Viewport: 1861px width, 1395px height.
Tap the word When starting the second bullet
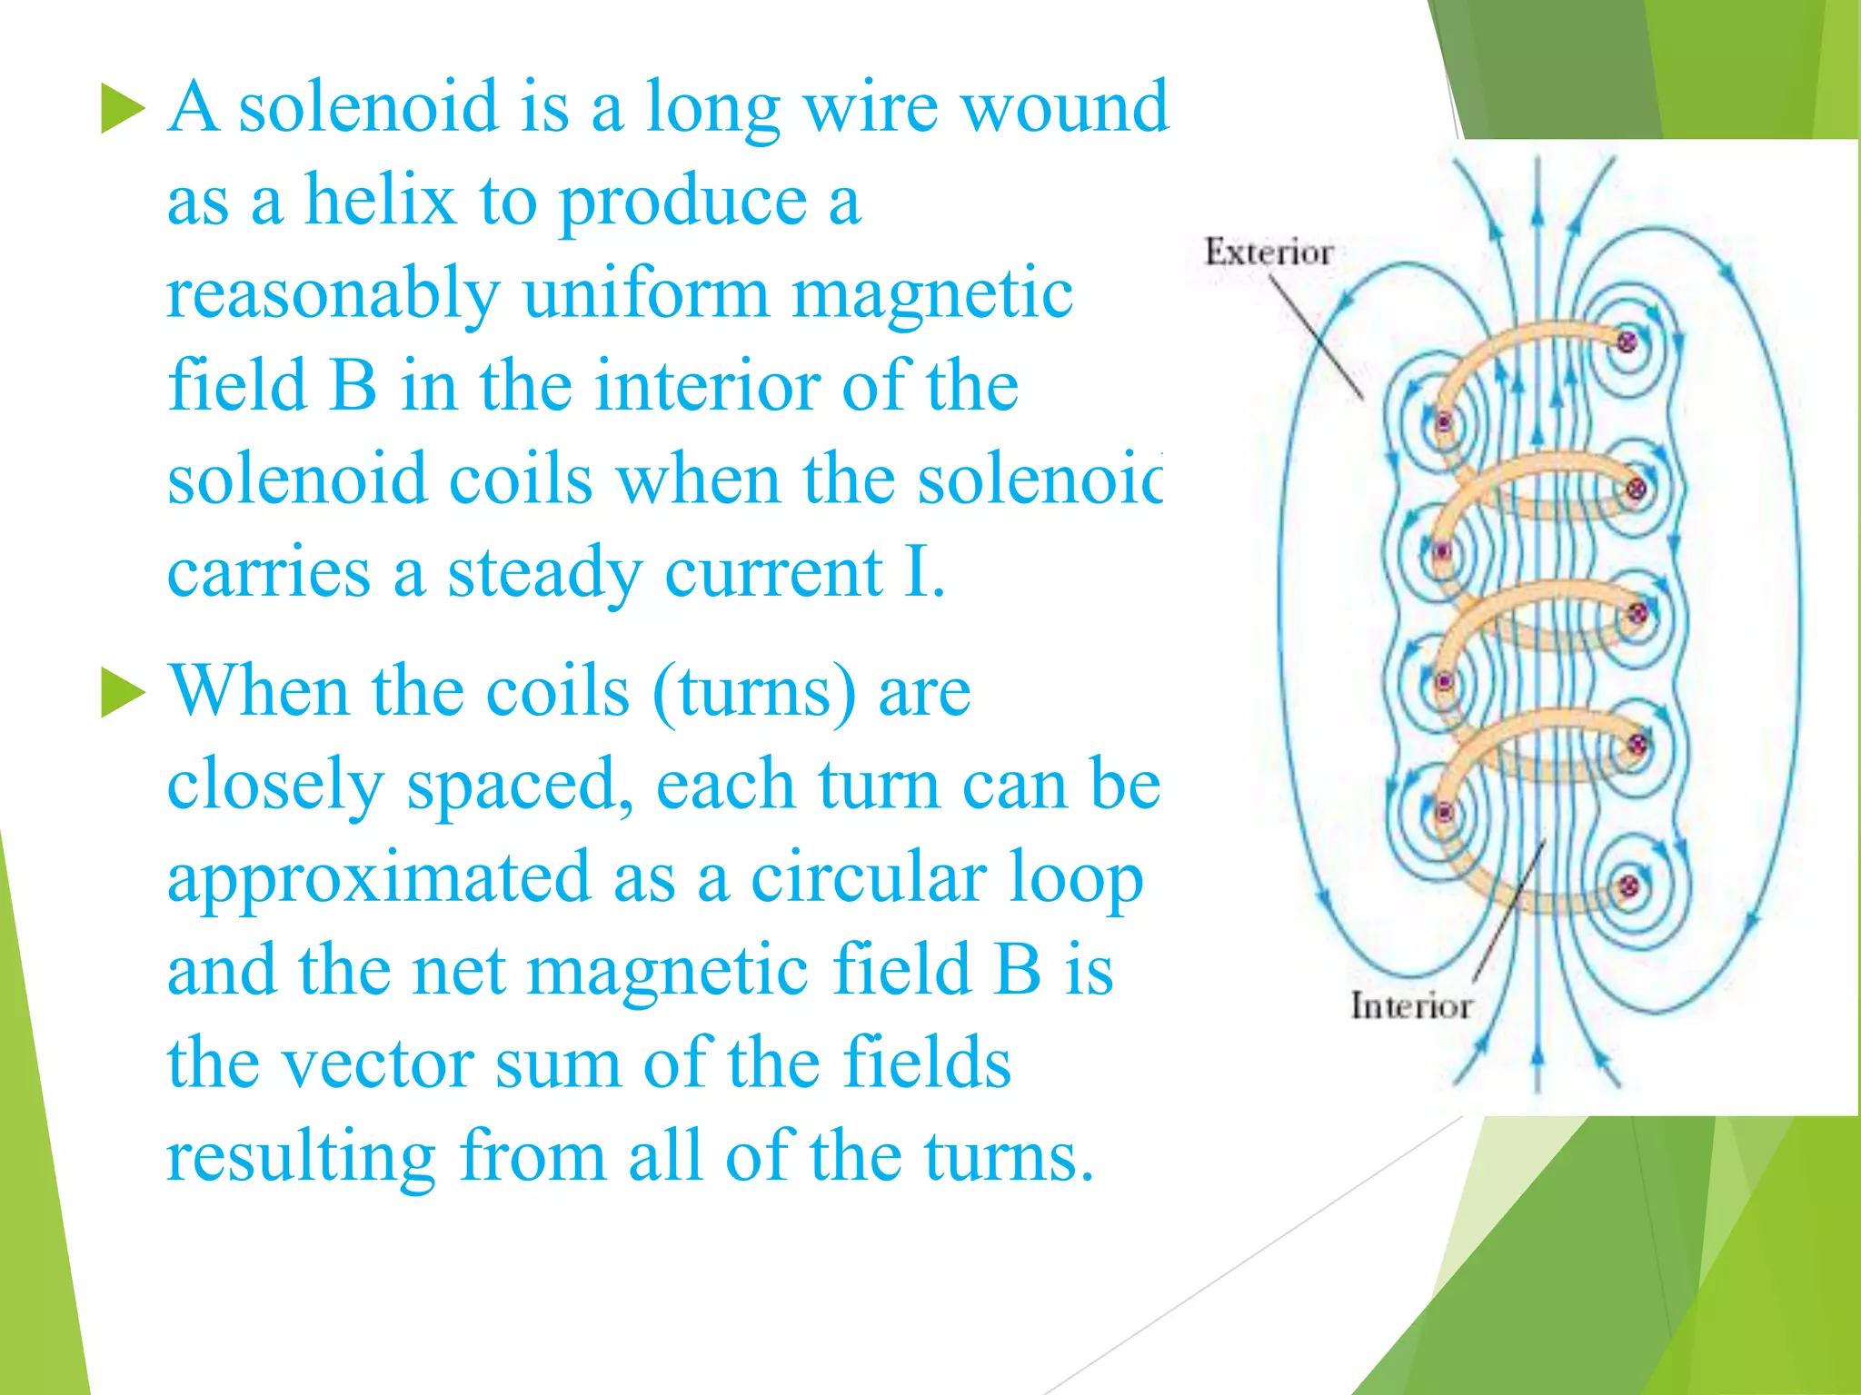[258, 691]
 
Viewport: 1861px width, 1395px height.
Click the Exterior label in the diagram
[1269, 252]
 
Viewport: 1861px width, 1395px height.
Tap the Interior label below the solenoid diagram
[1410, 1006]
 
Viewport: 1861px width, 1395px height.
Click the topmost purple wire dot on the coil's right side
[1626, 341]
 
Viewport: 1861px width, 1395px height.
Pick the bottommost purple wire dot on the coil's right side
[1628, 885]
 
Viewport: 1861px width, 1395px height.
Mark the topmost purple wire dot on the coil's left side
[1443, 422]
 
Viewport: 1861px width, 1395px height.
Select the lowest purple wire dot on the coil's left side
[1443, 811]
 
